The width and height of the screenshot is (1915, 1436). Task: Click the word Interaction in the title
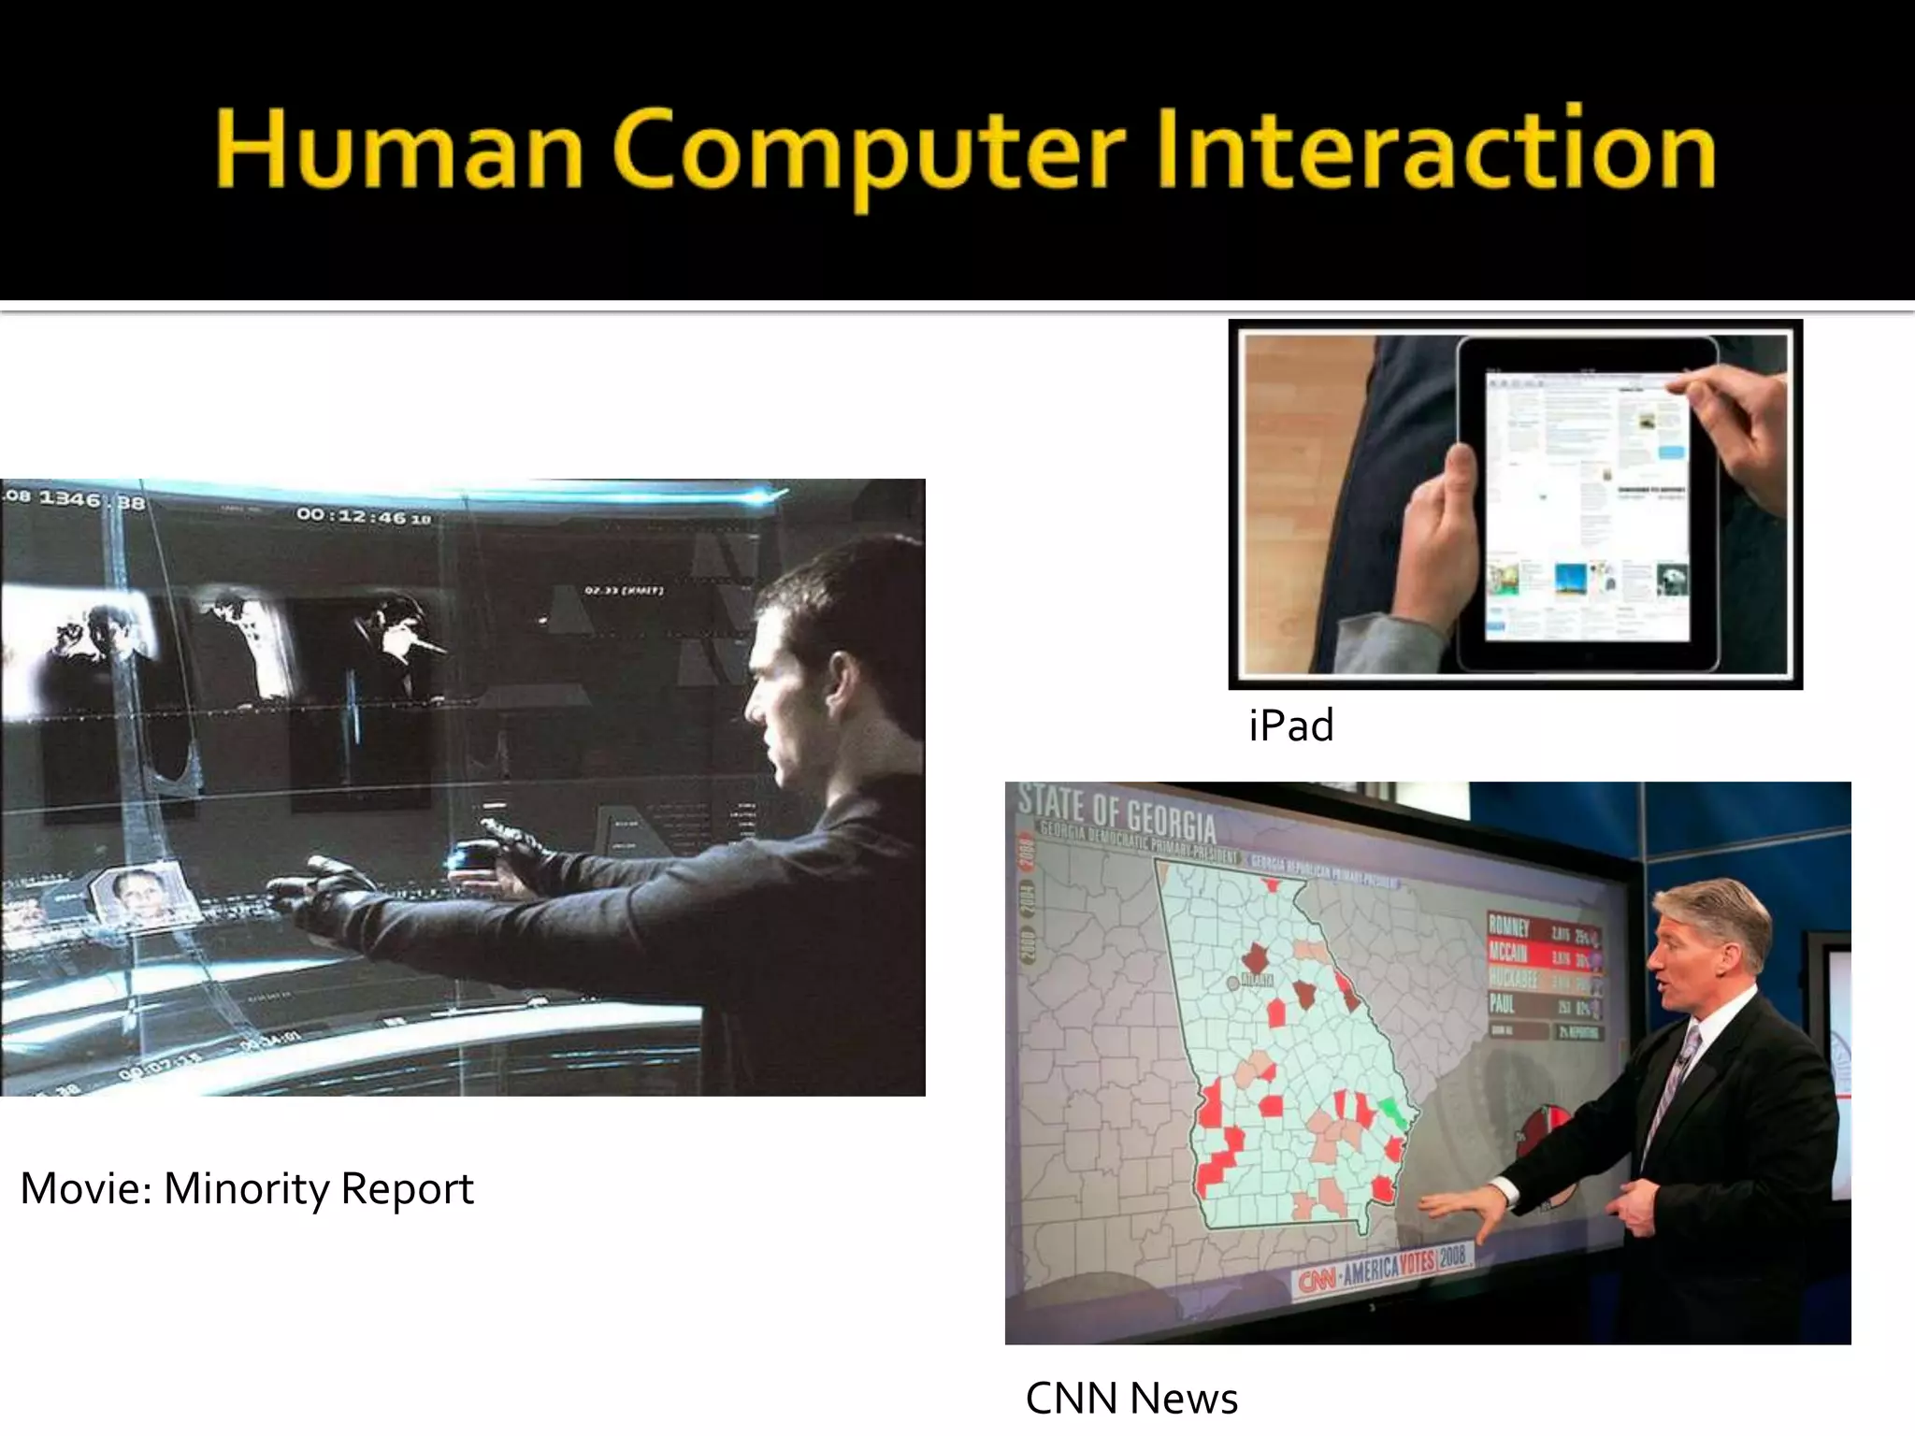[1435, 150]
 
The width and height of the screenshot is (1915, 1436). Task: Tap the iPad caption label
[1290, 725]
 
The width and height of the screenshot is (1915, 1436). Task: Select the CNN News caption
[1131, 1399]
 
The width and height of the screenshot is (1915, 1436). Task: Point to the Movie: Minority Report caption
[247, 1188]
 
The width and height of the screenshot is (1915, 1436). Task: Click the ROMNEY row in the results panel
[1543, 928]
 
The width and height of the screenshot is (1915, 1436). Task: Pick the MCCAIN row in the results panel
[1543, 954]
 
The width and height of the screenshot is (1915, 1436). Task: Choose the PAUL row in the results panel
[1543, 1006]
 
